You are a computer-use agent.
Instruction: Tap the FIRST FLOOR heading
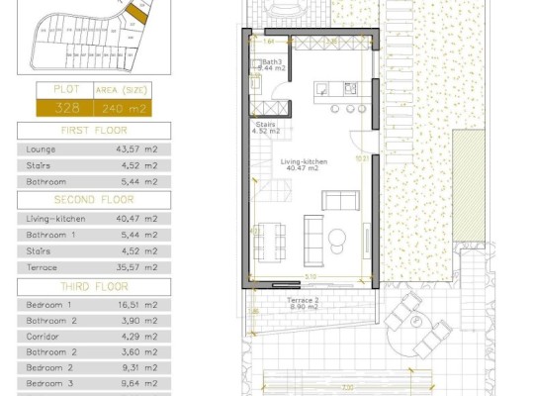[x=94, y=130]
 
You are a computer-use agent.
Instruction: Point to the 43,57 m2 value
[x=138, y=148]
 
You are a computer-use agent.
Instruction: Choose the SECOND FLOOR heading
[x=94, y=200]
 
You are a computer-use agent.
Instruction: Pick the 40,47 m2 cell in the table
[x=138, y=218]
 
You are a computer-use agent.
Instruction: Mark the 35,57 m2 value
[x=138, y=267]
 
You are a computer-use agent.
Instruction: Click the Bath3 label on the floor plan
[x=272, y=62]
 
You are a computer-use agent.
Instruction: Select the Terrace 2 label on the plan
[x=303, y=300]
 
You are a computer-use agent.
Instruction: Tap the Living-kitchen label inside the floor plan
[x=303, y=164]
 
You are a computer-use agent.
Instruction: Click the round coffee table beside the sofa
[x=337, y=236]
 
